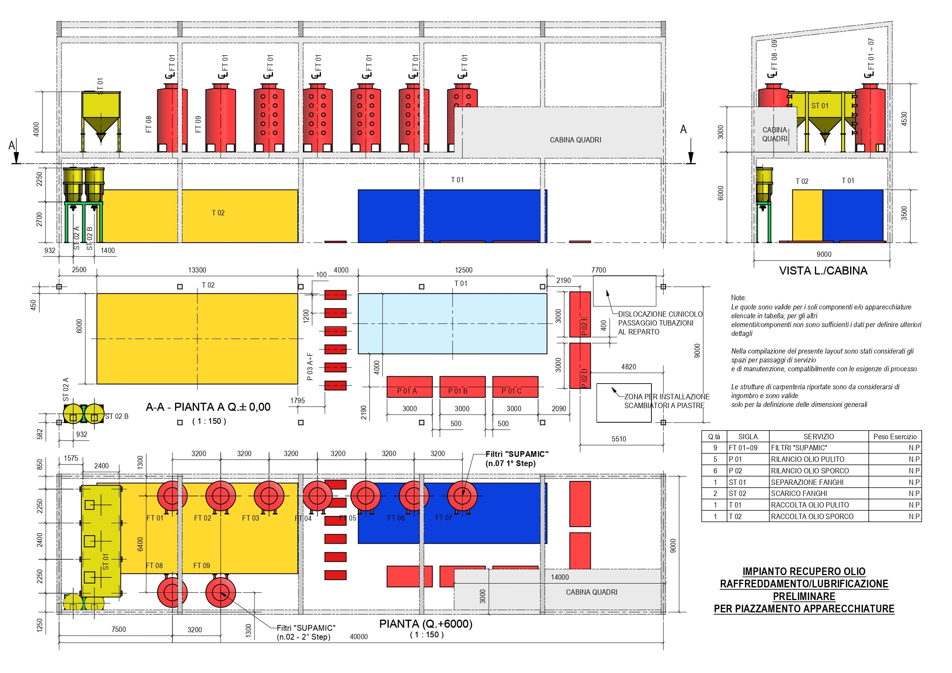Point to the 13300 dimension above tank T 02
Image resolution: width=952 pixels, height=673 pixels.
[197, 270]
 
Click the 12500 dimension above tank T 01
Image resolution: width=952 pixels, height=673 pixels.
[463, 270]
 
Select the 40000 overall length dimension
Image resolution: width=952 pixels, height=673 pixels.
[359, 637]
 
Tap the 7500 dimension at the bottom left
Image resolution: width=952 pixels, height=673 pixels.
[119, 629]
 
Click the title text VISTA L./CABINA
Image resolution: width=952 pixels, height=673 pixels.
[823, 271]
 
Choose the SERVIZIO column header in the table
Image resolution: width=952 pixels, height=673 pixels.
[818, 437]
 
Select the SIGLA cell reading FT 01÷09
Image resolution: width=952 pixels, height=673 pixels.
[743, 448]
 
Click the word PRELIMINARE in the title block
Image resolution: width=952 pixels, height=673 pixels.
[803, 596]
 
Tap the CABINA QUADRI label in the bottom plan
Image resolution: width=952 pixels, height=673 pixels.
[591, 592]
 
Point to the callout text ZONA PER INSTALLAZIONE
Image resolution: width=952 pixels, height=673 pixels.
[666, 397]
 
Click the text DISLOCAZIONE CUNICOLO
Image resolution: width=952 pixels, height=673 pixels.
[660, 314]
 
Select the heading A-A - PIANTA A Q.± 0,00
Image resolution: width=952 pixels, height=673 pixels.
[208, 407]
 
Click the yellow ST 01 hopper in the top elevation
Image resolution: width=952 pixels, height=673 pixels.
[101, 112]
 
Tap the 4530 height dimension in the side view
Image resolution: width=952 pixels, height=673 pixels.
[904, 119]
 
